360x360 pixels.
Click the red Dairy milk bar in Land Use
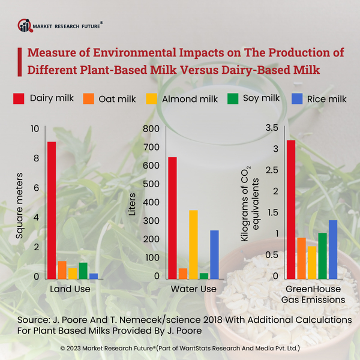point(52,210)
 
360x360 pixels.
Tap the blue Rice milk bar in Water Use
point(214,255)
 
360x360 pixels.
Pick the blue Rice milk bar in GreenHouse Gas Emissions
point(332,250)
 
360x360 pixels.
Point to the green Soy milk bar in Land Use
point(83,271)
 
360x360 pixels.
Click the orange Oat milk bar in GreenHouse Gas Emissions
point(301,258)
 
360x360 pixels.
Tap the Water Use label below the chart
point(193,289)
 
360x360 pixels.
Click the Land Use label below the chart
point(70,289)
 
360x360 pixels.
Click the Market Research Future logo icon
point(25,25)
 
